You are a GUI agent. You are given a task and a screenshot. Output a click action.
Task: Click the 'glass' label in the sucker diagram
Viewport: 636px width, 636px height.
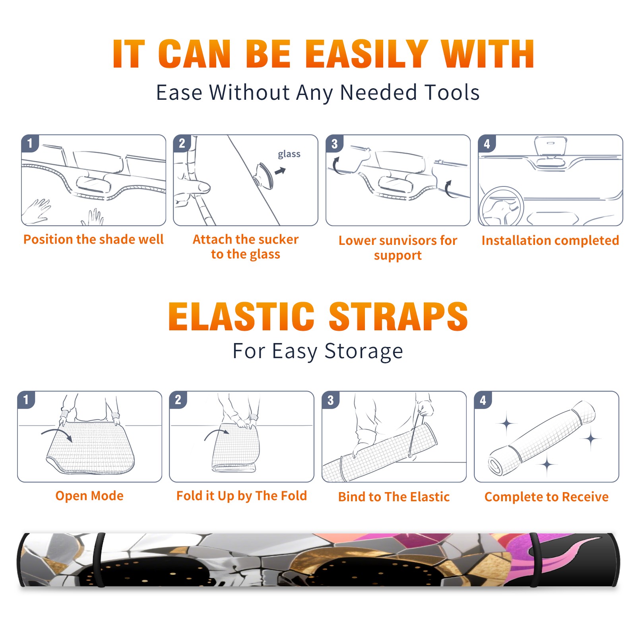point(289,154)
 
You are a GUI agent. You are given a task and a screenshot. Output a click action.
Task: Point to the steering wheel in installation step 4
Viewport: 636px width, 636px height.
point(501,207)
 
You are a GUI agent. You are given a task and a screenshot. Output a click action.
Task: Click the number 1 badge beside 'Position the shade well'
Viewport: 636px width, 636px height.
point(30,143)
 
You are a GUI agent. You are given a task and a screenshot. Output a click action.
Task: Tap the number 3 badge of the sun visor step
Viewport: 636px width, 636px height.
point(334,143)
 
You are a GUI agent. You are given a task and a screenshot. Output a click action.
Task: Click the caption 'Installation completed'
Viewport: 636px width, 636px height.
point(550,240)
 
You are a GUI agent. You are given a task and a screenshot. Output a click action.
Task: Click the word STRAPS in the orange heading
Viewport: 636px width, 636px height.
point(398,316)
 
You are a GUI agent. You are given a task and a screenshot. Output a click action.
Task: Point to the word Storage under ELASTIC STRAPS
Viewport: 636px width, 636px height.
point(364,351)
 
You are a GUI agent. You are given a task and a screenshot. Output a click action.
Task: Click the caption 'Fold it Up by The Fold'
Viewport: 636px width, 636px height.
point(242,496)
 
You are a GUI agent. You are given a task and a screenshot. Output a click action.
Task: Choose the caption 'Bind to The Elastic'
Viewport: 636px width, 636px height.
point(394,497)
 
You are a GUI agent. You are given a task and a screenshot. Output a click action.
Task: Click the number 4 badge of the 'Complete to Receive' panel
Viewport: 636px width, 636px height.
point(483,400)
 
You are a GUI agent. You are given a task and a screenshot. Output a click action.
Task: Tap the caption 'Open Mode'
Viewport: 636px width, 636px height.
point(89,496)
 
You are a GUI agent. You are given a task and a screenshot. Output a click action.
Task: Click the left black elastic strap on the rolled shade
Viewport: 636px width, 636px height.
point(99,560)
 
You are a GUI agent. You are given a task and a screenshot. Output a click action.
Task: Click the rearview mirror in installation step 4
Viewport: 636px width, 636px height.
point(551,146)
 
